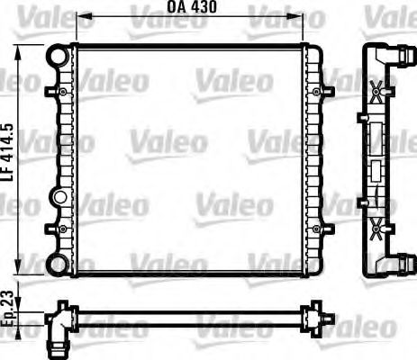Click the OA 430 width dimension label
tap(192, 7)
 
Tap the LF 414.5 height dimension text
tap(7, 155)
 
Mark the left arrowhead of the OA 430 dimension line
tap(78, 17)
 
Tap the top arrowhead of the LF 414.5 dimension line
tap(18, 46)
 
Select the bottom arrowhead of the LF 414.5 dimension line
tap(18, 271)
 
